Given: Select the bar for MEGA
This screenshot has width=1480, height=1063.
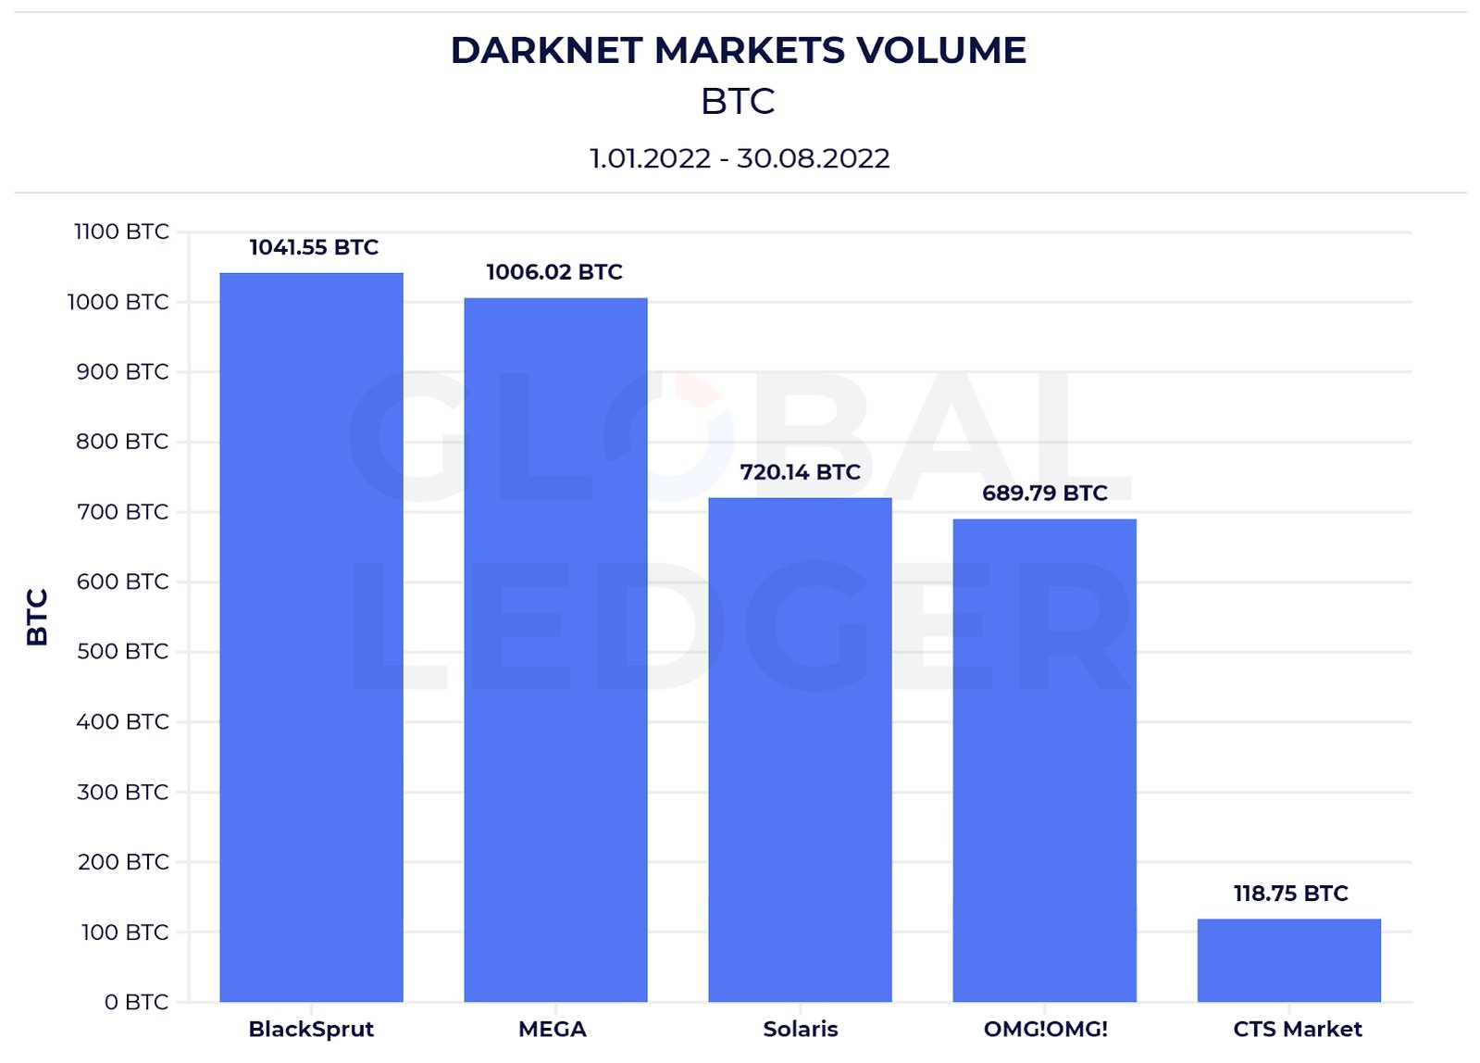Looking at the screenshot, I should [x=555, y=649].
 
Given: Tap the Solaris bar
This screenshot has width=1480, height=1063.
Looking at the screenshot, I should [x=800, y=749].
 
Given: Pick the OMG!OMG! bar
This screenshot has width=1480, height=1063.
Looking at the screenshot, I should [x=1044, y=759].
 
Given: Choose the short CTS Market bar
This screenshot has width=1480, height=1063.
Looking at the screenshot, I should [x=1288, y=959].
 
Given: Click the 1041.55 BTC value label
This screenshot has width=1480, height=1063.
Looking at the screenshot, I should [x=314, y=247].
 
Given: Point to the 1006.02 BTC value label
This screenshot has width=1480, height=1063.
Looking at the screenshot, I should [x=554, y=272].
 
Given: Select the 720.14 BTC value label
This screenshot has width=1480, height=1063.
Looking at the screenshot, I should [x=800, y=472].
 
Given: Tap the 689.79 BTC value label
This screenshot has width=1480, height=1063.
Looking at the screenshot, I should [x=1044, y=493].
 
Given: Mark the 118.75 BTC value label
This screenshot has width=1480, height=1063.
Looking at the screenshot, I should [x=1290, y=894].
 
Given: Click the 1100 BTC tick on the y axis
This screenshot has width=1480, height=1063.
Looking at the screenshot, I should [x=121, y=231].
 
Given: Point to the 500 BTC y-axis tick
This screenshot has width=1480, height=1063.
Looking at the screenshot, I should [x=122, y=652].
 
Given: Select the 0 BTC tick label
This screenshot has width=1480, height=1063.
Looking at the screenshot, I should [x=136, y=1002].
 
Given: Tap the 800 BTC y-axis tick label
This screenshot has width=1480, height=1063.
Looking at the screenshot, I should [x=122, y=442].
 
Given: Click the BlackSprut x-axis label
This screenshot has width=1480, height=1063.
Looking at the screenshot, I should [x=311, y=1029].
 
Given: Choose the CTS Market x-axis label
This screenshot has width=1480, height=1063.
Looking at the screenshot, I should [x=1297, y=1029].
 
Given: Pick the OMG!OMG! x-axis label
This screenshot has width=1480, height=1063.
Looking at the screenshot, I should [x=1045, y=1029].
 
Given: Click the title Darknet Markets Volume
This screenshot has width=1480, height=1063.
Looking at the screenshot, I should [x=738, y=51].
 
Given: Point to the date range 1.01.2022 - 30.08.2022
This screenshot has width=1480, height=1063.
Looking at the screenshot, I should [x=740, y=158].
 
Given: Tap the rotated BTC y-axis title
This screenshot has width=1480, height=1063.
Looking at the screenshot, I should [x=37, y=617].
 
